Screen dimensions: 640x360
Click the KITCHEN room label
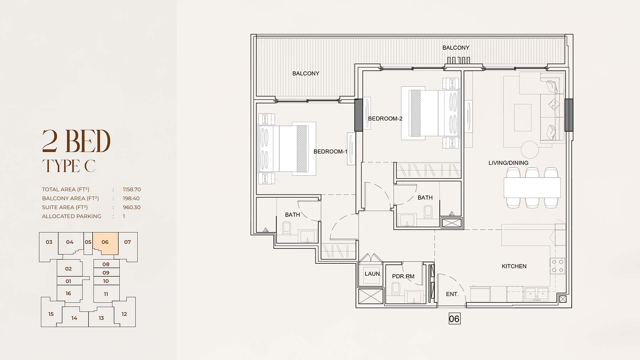pyautogui.click(x=514, y=266)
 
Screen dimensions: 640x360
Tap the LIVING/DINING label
pyautogui.click(x=508, y=163)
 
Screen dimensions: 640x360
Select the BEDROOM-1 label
pyautogui.click(x=330, y=151)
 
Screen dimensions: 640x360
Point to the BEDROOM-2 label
pyautogui.click(x=385, y=118)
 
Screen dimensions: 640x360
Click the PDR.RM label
pyautogui.click(x=403, y=276)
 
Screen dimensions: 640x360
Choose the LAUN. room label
pyautogui.click(x=373, y=274)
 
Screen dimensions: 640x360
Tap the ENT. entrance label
pyautogui.click(x=452, y=294)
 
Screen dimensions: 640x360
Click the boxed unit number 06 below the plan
pyautogui.click(x=454, y=319)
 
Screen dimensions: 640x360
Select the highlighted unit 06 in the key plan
pyautogui.click(x=105, y=243)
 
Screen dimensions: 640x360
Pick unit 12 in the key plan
pyautogui.click(x=124, y=314)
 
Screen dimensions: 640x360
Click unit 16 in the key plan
pyautogui.click(x=68, y=294)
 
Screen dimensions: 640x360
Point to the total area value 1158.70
pyautogui.click(x=132, y=189)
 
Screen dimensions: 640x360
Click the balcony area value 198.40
pyautogui.click(x=131, y=198)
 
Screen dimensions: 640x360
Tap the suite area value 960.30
pyautogui.click(x=132, y=207)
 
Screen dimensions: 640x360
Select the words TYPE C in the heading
pyautogui.click(x=69, y=166)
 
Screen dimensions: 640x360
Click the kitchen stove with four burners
pyautogui.click(x=558, y=266)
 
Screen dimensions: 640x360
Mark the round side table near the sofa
pyautogui.click(x=530, y=150)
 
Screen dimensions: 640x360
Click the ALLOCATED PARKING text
pyautogui.click(x=71, y=216)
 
